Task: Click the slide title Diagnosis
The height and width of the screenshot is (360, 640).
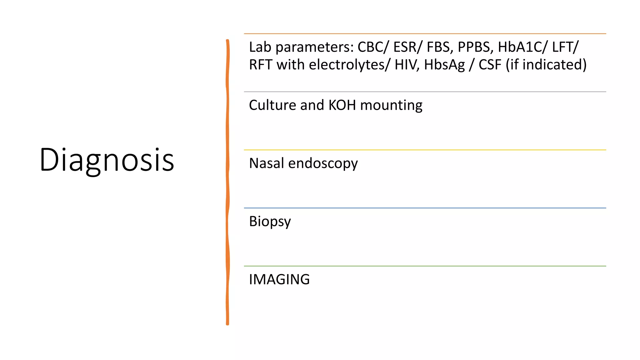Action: point(107,160)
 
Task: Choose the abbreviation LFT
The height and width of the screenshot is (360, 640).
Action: point(563,47)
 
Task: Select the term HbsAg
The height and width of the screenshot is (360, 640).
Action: point(444,65)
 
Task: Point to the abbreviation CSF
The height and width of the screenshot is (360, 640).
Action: point(490,65)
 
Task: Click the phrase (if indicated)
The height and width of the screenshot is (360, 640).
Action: point(546,65)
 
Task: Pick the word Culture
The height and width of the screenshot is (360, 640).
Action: point(272,105)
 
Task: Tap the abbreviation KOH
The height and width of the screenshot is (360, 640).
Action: point(342,105)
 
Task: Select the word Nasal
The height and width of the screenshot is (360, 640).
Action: point(266,163)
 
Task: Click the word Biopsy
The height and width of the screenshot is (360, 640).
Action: point(270,222)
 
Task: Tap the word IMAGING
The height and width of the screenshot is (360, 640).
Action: point(279,279)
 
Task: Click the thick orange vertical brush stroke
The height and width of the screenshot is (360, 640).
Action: point(227,181)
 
